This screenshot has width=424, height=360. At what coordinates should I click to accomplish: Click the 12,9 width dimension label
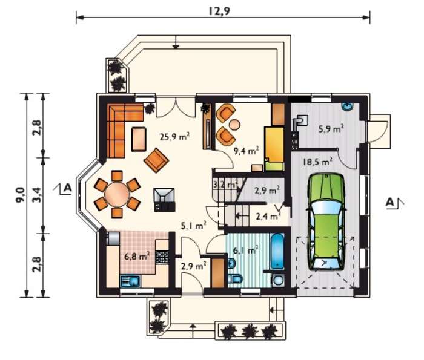(x=219, y=11)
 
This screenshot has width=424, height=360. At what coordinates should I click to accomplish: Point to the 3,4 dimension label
(x=38, y=194)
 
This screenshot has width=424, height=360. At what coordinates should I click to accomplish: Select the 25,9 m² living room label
(x=174, y=136)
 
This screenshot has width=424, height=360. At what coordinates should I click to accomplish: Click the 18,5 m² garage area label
(x=317, y=162)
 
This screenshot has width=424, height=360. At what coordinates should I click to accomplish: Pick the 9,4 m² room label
(x=247, y=151)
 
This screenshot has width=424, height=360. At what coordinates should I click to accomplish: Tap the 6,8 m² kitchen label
(x=137, y=255)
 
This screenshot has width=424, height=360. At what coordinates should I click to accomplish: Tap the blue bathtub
(x=277, y=251)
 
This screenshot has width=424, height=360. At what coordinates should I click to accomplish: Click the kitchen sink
(x=130, y=281)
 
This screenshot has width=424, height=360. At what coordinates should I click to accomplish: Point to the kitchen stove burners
(x=162, y=257)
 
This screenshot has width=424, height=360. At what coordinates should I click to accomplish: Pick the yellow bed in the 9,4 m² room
(x=274, y=148)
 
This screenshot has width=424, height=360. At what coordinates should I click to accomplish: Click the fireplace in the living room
(x=164, y=200)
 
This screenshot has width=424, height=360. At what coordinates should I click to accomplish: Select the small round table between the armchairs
(x=234, y=125)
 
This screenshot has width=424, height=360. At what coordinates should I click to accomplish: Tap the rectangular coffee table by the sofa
(x=139, y=139)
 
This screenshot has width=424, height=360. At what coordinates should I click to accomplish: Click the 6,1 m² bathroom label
(x=245, y=250)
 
